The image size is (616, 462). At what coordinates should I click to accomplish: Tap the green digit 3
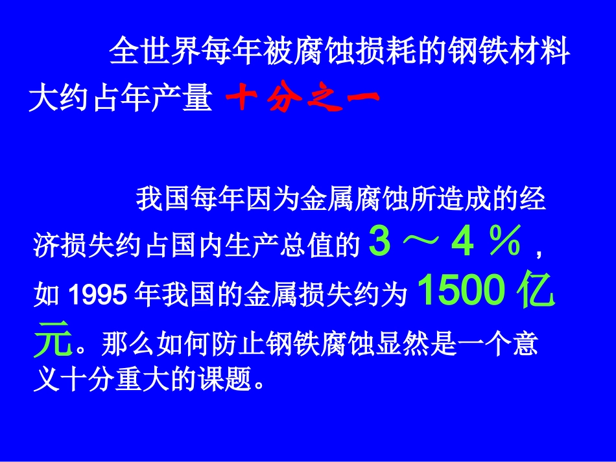381,242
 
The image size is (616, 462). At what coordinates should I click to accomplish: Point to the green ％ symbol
505,242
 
